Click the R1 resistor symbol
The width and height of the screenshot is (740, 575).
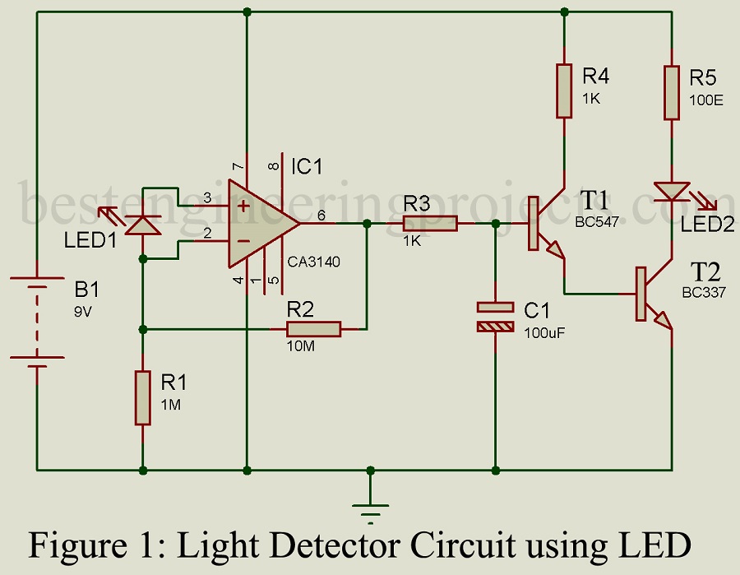click(143, 398)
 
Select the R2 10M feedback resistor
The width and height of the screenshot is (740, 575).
click(313, 329)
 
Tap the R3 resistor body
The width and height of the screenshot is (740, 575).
click(429, 223)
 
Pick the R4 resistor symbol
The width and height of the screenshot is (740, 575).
click(564, 91)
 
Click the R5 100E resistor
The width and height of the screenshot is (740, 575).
click(672, 91)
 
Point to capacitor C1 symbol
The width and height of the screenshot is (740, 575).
click(495, 317)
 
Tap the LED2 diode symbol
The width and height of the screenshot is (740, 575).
click(672, 191)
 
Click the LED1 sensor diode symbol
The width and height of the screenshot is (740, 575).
click(143, 223)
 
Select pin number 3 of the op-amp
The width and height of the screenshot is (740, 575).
click(208, 198)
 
